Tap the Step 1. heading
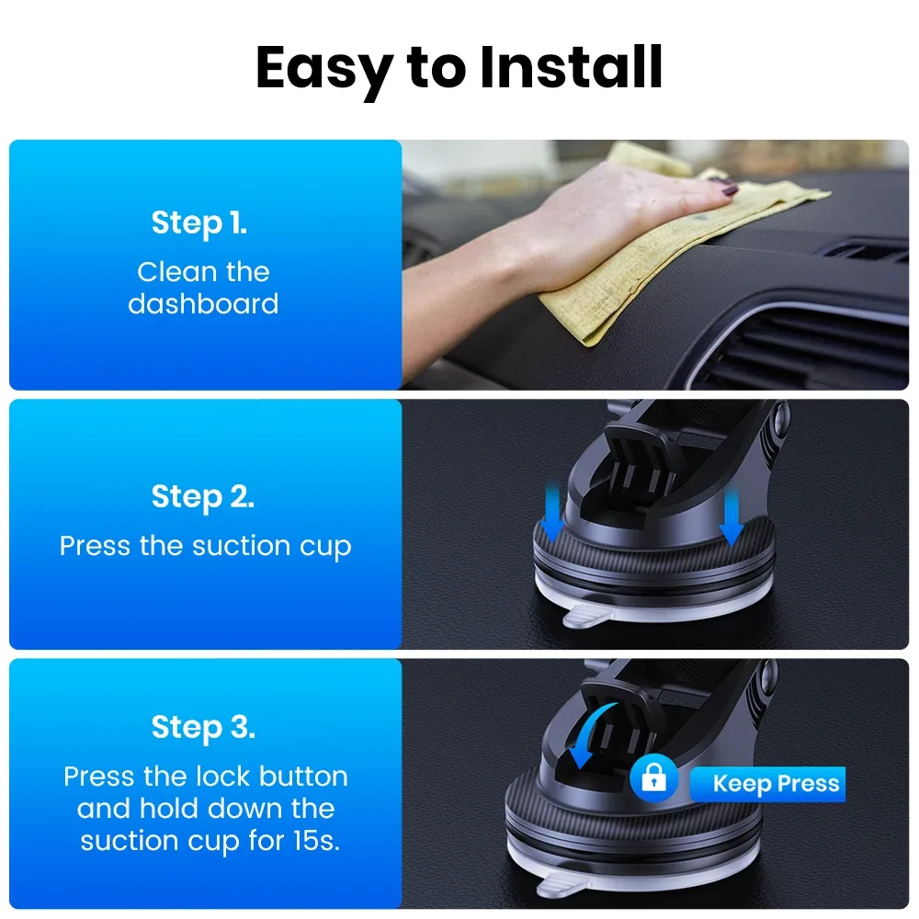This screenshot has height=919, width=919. pyautogui.click(x=199, y=222)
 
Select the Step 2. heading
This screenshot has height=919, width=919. pyautogui.click(x=202, y=496)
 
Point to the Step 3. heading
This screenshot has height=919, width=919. pyautogui.click(x=203, y=727)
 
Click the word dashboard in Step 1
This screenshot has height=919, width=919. pyautogui.click(x=203, y=303)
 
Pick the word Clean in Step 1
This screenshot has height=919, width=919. pyautogui.click(x=169, y=272)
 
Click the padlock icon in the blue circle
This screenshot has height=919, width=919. pyautogui.click(x=654, y=781)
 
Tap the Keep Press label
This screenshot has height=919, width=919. pyautogui.click(x=776, y=784)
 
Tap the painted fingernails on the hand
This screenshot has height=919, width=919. pyautogui.click(x=726, y=190)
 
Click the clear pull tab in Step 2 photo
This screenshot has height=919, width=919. pyautogui.click(x=588, y=614)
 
